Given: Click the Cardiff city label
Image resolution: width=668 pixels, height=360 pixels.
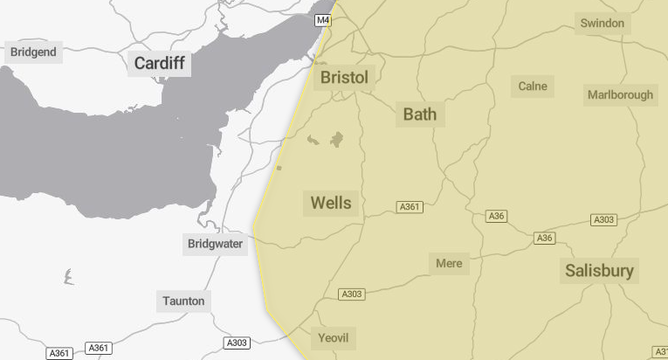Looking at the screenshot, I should (159, 63).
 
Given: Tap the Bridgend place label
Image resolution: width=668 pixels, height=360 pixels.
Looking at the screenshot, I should (33, 52).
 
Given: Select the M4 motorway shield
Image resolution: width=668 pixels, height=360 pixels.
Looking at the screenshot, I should (323, 19).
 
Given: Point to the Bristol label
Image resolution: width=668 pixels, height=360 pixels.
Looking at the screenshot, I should (344, 78).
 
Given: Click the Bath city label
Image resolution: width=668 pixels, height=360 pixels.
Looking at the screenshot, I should (419, 114).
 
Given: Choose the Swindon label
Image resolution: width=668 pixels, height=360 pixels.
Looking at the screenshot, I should (603, 23).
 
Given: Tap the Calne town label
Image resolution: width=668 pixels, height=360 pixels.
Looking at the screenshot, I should (533, 86).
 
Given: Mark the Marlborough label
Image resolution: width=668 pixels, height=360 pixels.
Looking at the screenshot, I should (620, 94).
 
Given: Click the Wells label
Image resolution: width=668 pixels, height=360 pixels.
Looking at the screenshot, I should (331, 203).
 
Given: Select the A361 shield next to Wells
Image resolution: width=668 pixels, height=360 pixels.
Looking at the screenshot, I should (410, 207).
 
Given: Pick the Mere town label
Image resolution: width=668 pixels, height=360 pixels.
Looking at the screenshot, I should (449, 263).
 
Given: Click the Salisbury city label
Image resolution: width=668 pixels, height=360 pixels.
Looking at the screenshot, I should (599, 270).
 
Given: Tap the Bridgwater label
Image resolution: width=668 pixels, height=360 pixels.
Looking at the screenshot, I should (215, 244).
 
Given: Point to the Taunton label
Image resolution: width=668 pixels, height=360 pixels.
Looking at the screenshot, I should (183, 301).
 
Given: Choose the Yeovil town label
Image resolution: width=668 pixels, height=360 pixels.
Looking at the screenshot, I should (334, 338).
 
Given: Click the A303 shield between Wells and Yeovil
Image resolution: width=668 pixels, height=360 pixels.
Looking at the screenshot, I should (351, 294).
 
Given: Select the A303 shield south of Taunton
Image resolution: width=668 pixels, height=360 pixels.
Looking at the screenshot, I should (237, 343).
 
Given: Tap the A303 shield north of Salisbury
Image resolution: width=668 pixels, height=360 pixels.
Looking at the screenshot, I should (603, 219).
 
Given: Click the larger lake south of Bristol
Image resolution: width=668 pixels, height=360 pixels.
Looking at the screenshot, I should (336, 140).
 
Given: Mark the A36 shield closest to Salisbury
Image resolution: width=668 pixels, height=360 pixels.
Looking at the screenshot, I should (545, 238).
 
